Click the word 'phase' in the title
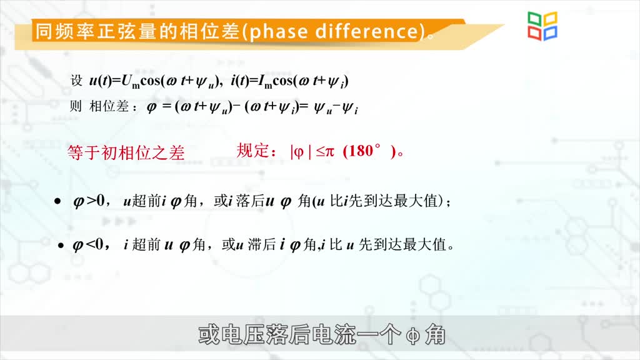(x=278, y=32)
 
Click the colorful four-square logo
(x=542, y=26)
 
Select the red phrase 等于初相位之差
(x=126, y=152)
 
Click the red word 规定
(x=253, y=151)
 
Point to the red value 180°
(x=362, y=151)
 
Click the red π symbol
(x=329, y=152)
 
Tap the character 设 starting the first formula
(x=76, y=81)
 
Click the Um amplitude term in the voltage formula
(x=131, y=82)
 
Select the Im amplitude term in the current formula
(x=265, y=82)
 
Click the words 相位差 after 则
(x=109, y=106)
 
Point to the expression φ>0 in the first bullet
(x=89, y=201)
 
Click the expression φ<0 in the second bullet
(x=88, y=244)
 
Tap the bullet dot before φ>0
(x=57, y=201)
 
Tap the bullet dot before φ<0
(x=61, y=245)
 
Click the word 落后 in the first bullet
(x=249, y=201)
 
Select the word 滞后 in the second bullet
(x=262, y=244)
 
